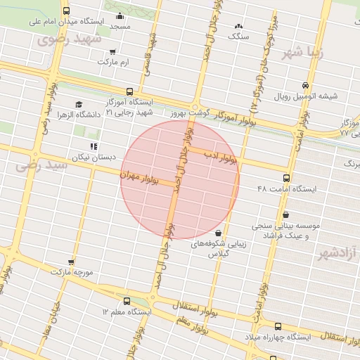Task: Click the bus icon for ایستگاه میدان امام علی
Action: point(67,11)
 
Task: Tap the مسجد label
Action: point(120,26)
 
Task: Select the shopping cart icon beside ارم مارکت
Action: point(113,52)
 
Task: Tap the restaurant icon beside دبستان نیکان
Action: point(94,146)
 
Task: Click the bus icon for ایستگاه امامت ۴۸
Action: point(285,179)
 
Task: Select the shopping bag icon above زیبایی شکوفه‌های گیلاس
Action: point(218,233)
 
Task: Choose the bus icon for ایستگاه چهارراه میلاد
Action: point(278,326)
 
